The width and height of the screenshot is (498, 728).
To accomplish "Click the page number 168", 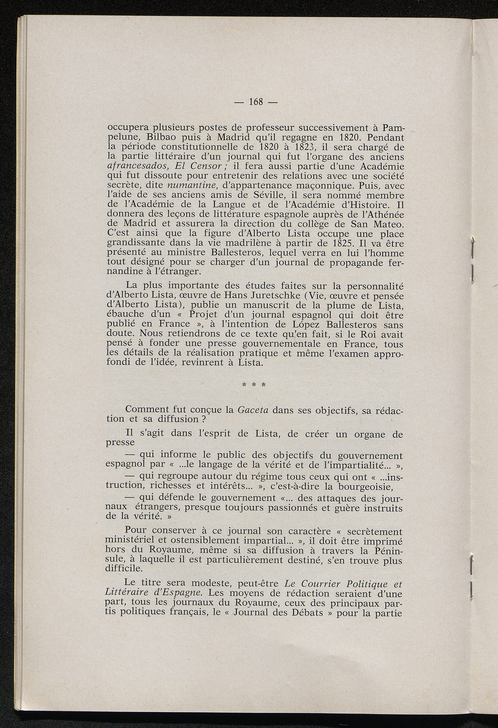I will click(x=256, y=102).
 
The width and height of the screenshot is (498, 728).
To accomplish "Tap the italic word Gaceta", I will click(x=252, y=409).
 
